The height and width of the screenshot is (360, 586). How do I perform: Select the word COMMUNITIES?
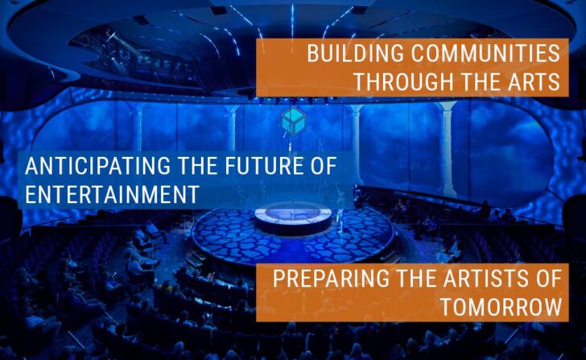click(485, 53)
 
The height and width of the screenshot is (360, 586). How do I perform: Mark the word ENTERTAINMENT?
click(112, 194)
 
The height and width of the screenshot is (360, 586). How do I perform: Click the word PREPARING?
click(331, 279)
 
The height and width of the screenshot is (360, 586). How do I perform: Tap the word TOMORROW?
click(501, 307)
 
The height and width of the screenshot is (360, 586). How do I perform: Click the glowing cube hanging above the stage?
click(294, 120)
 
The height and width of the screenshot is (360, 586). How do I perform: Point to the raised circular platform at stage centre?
click(293, 219)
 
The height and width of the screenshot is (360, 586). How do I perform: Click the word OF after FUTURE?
click(324, 166)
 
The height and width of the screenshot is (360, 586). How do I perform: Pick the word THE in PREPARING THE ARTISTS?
click(417, 279)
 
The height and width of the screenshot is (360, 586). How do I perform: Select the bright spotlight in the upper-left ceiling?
click(111, 36)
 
